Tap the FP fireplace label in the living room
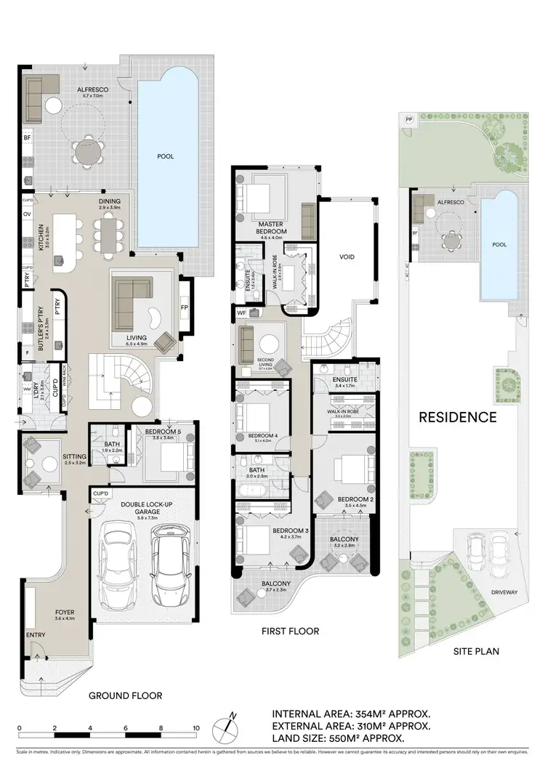coord(184,307)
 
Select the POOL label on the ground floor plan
coord(166,156)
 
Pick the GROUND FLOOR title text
coord(125,695)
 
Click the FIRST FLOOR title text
coord(291,631)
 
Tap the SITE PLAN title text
coord(473,651)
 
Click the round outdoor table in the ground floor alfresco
coord(87,151)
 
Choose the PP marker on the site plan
coord(408,119)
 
